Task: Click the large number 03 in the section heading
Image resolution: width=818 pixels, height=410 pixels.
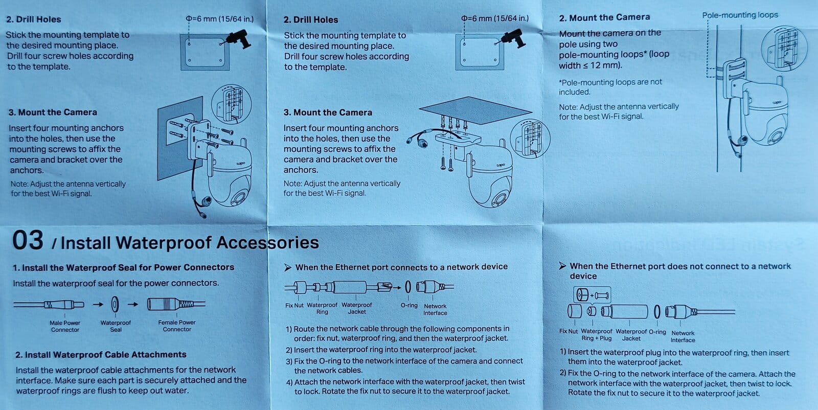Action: pyautogui.click(x=28, y=240)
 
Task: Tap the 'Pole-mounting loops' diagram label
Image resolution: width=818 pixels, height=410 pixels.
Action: pyautogui.click(x=740, y=15)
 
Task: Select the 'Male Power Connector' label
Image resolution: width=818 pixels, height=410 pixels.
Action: pyautogui.click(x=64, y=326)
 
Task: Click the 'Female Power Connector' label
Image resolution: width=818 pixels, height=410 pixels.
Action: pyautogui.click(x=177, y=326)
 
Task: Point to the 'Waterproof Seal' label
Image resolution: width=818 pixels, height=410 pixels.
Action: pyautogui.click(x=116, y=326)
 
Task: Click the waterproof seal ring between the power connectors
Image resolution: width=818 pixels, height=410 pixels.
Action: pyautogui.click(x=115, y=304)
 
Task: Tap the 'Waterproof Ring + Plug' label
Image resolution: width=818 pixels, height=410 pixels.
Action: pyautogui.click(x=596, y=334)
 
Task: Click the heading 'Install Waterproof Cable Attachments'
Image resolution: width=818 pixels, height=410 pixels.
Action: pyautogui.click(x=101, y=354)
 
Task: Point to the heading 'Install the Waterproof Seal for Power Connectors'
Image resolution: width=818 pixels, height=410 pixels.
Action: pyautogui.click(x=123, y=267)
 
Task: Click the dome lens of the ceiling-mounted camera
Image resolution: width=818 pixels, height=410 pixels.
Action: pyautogui.click(x=498, y=199)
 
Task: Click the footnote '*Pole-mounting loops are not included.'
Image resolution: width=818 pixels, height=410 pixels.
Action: pyautogui.click(x=610, y=87)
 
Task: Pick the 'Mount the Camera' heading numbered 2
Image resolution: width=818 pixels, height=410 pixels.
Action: pyautogui.click(x=604, y=17)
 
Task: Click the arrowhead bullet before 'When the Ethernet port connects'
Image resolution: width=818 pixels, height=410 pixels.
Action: pyautogui.click(x=288, y=267)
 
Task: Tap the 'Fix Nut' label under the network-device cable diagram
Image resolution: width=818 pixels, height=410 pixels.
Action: pyautogui.click(x=294, y=305)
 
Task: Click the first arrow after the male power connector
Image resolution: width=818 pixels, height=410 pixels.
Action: pyautogui.click(x=98, y=304)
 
